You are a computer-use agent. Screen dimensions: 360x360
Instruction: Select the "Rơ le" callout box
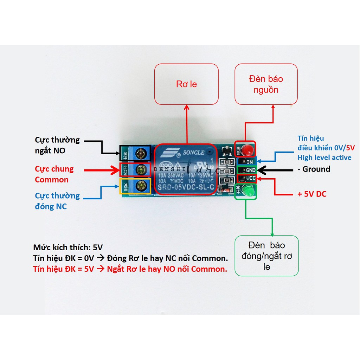coord(186,84)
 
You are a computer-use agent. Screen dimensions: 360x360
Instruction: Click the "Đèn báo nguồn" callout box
coord(266,84)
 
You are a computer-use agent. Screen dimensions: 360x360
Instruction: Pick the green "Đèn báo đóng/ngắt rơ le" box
coord(266,256)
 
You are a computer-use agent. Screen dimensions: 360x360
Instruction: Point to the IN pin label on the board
coord(250,162)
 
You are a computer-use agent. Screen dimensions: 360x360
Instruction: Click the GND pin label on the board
coord(250,170)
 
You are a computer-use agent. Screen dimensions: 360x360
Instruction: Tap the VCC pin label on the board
coord(250,178)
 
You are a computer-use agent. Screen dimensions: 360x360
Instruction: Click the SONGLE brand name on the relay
coord(192,153)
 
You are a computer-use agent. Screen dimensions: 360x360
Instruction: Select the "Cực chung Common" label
coord(54,174)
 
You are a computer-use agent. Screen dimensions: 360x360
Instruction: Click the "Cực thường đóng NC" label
coord(57,201)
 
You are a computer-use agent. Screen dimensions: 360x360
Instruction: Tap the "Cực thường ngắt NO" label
coord(57,146)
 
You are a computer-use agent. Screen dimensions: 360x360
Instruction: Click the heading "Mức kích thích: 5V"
coord(67,247)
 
